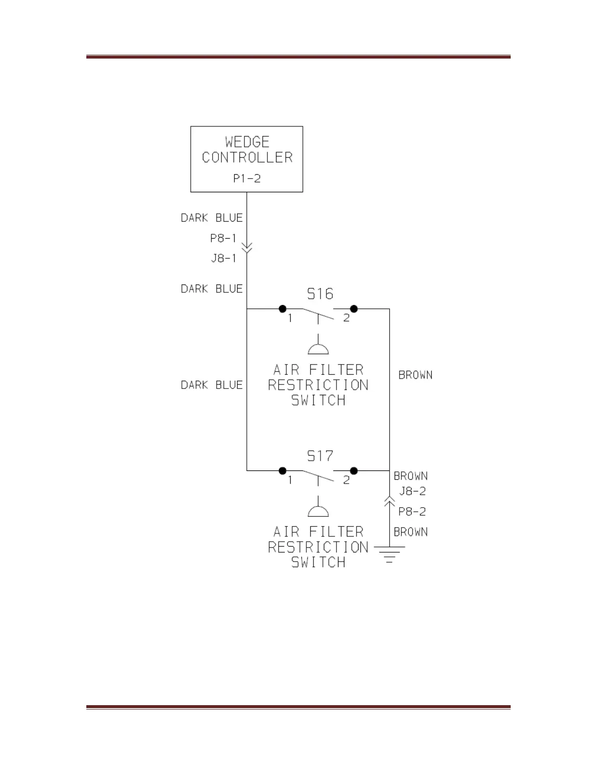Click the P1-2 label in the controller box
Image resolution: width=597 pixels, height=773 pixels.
pos(247,179)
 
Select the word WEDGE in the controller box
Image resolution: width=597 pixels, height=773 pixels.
pos(247,142)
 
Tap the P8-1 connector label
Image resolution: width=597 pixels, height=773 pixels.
pos(223,238)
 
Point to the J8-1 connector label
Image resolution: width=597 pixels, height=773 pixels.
pos(224,258)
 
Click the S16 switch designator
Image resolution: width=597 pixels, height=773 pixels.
pos(320,294)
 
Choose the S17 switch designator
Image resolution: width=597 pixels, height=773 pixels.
pos(320,456)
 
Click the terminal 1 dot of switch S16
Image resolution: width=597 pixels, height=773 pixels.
pos(282,309)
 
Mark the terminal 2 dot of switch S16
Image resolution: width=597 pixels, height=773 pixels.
pos(354,309)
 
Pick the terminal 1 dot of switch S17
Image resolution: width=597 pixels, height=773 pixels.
pos(282,471)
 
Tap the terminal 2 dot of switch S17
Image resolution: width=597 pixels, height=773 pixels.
pos(354,471)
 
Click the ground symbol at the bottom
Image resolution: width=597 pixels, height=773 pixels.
pos(389,554)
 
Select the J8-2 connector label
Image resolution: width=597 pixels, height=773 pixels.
pos(413,491)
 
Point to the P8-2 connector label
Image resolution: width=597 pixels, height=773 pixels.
pos(412,511)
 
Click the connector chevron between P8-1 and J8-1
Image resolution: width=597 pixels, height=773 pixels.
pos(247,248)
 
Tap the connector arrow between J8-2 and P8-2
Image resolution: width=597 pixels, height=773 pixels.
pos(389,500)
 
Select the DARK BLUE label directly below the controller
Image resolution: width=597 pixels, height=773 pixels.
pos(212,218)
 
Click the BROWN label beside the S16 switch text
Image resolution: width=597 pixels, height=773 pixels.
pos(416,375)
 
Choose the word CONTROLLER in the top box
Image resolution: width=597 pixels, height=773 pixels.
pos(247,158)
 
